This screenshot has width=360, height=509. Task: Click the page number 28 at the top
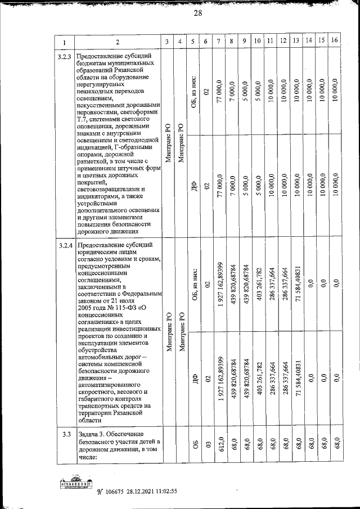click(x=197, y=14)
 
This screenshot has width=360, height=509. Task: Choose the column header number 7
click(x=218, y=41)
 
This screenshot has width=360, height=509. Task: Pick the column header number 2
click(x=118, y=42)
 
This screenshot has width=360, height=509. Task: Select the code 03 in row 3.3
click(x=206, y=447)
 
